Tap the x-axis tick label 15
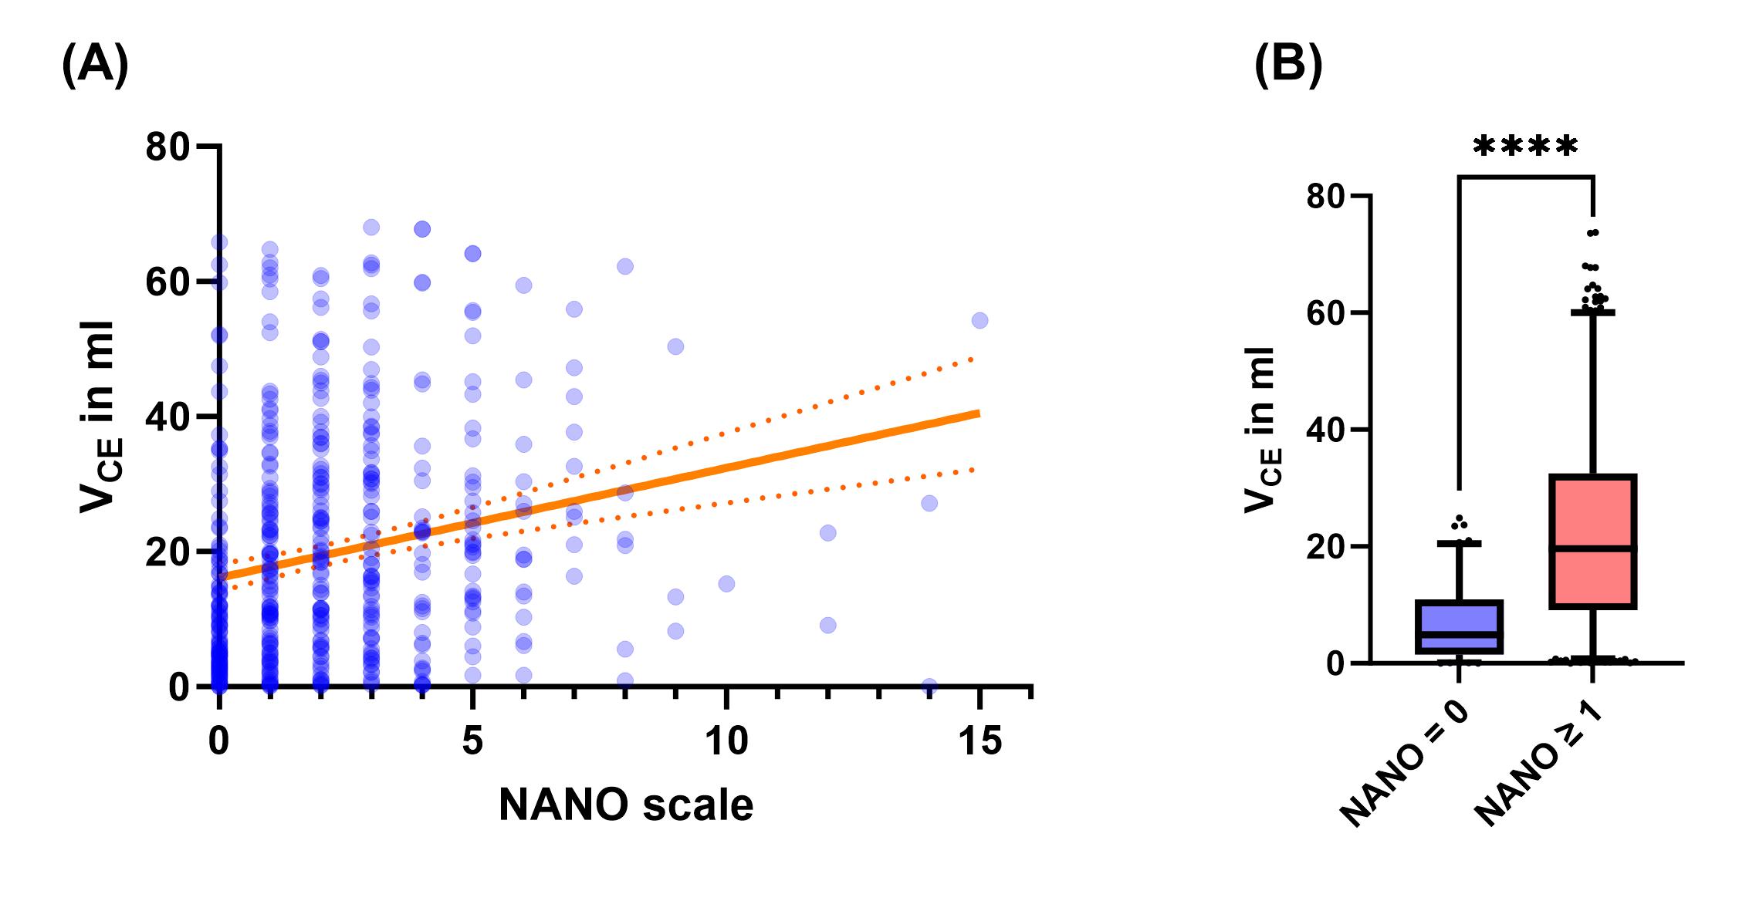(979, 741)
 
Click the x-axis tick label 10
(726, 741)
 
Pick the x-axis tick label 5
(472, 741)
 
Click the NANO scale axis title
(626, 805)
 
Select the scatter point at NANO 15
(979, 320)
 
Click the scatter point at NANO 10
(726, 583)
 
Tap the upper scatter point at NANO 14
(929, 503)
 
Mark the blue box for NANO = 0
(1460, 627)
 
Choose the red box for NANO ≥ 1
(1592, 542)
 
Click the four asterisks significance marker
(1526, 147)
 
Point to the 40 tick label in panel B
(1328, 430)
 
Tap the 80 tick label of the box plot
(1328, 197)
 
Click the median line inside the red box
(1592, 548)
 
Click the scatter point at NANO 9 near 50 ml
(675, 346)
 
